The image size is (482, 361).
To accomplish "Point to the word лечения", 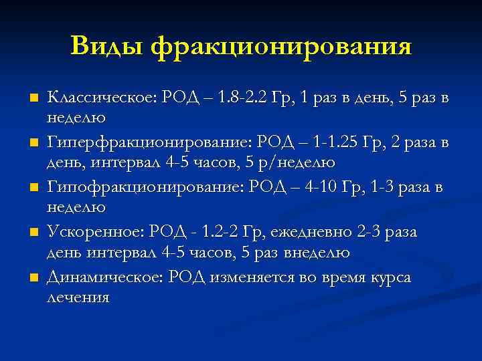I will [78, 297].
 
